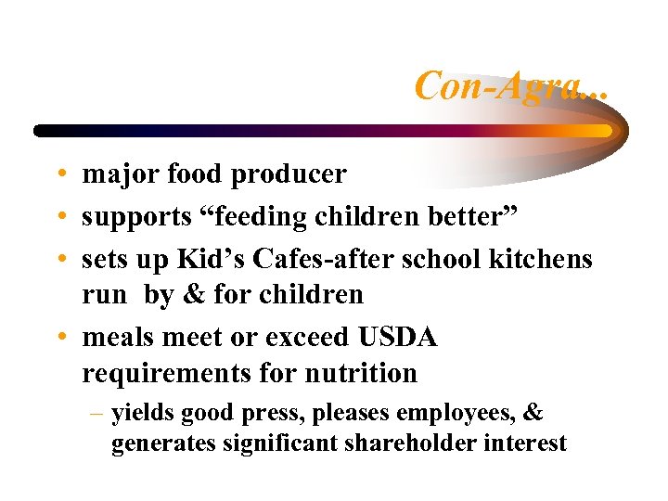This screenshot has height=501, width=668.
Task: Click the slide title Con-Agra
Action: point(510,85)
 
